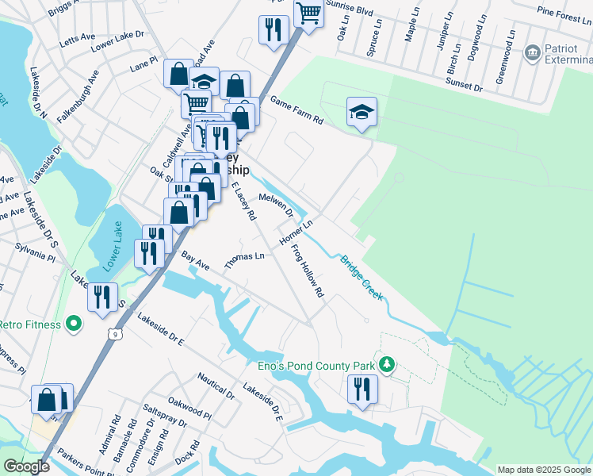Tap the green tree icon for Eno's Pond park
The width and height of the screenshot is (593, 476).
click(x=388, y=364)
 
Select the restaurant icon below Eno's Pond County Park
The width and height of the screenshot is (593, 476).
click(x=362, y=389)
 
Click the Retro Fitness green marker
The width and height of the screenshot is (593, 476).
click(x=74, y=324)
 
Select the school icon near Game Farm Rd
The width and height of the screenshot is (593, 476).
click(x=362, y=111)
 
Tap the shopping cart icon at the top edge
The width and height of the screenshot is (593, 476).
click(x=308, y=13)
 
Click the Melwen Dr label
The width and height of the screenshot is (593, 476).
click(x=276, y=203)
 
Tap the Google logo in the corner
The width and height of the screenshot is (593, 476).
click(x=26, y=466)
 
